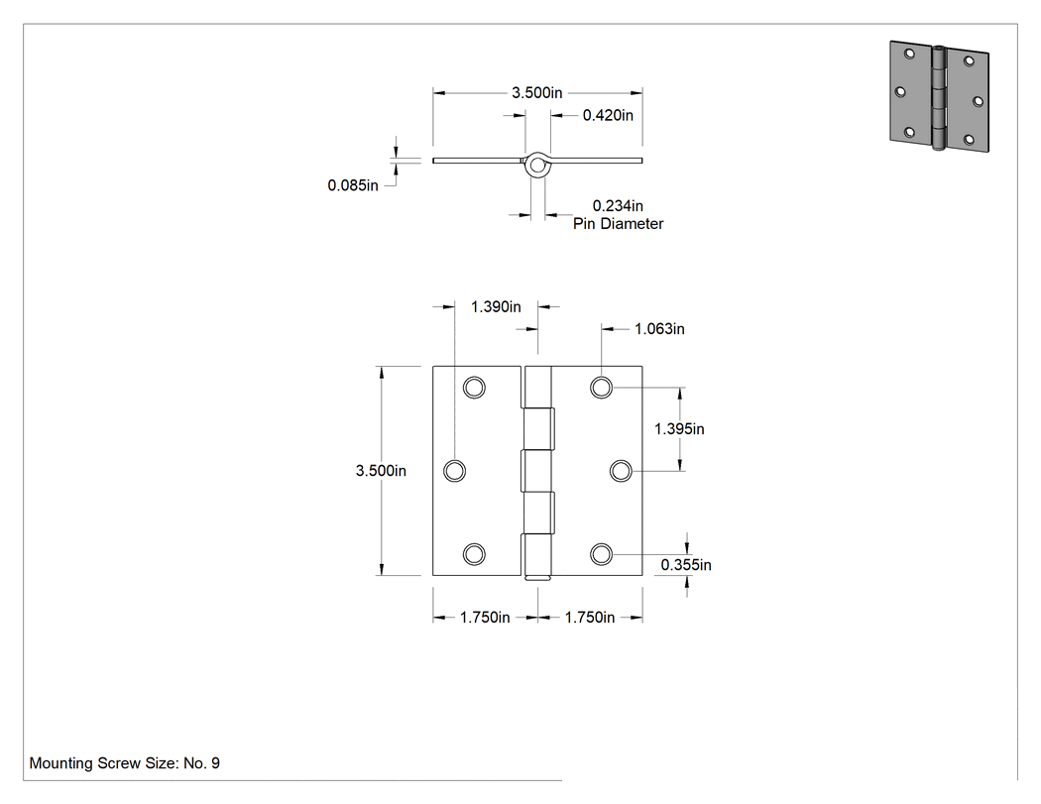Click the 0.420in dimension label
pyautogui.click(x=608, y=116)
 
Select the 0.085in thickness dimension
pyautogui.click(x=353, y=185)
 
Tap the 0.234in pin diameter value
pyautogui.click(x=618, y=206)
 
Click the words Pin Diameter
pyautogui.click(x=618, y=224)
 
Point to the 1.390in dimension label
pyautogui.click(x=496, y=306)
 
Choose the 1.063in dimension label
pyautogui.click(x=659, y=328)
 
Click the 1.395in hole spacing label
pyautogui.click(x=679, y=429)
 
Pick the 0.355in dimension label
pyautogui.click(x=686, y=565)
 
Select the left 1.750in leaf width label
pyautogui.click(x=485, y=618)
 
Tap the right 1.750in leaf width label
pyautogui.click(x=590, y=618)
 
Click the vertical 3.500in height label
pyautogui.click(x=381, y=471)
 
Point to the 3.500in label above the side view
pyautogui.click(x=537, y=93)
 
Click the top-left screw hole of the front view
pyautogui.click(x=474, y=387)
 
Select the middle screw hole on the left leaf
pyautogui.click(x=454, y=471)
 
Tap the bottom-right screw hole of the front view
pyautogui.click(x=601, y=554)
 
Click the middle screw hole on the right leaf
pyautogui.click(x=621, y=471)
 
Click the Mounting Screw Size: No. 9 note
pyautogui.click(x=124, y=763)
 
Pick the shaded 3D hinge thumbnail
pyautogui.click(x=940, y=96)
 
